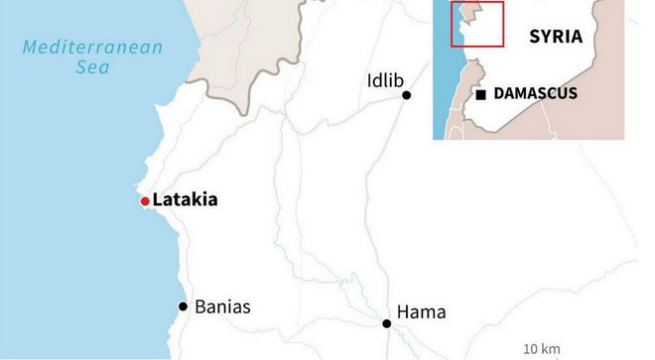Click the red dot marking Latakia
click(x=145, y=201)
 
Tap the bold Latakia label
click(x=185, y=200)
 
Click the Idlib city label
click(x=386, y=80)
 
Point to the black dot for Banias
click(x=183, y=306)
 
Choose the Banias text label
click(x=223, y=306)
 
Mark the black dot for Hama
click(x=387, y=323)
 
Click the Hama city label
click(x=422, y=312)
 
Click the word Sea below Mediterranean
click(x=93, y=67)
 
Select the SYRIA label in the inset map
click(x=554, y=37)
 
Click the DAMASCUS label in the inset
click(x=536, y=94)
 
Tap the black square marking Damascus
click(x=481, y=94)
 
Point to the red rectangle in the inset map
click(x=478, y=25)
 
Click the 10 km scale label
click(x=543, y=348)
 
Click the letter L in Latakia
click(x=158, y=200)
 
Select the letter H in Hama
click(x=403, y=312)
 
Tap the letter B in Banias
click(x=200, y=306)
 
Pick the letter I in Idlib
click(x=369, y=80)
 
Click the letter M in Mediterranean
click(x=30, y=47)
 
